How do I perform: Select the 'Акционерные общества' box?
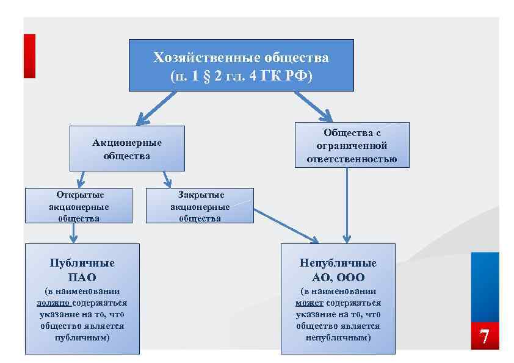pos(127,148)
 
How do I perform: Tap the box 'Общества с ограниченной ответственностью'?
pos(352,145)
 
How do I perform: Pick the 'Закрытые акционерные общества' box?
pos(200,206)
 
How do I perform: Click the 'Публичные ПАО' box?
pos(82,298)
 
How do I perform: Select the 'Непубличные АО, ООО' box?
pos(338,298)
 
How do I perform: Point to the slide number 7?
pos(484,337)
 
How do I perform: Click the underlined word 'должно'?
pos(53,303)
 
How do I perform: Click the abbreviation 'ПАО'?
pos(82,278)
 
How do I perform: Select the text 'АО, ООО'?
pos(338,278)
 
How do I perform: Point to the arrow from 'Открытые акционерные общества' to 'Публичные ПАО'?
pos(74,232)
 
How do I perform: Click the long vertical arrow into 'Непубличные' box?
pos(347,204)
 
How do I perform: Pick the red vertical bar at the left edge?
pos(29,56)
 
